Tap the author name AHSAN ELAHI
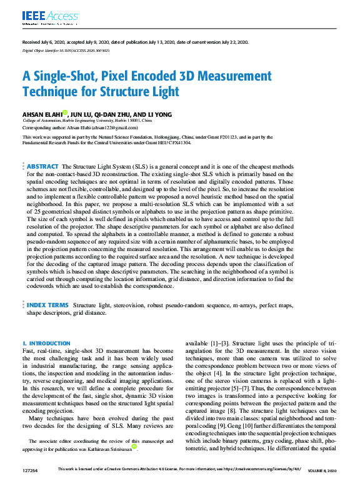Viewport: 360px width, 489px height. click(x=42, y=115)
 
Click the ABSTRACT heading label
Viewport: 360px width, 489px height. click(x=43, y=167)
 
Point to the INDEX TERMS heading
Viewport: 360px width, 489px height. click(x=47, y=305)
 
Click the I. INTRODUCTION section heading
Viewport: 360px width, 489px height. click(x=46, y=343)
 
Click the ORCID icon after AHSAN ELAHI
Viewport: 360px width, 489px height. click(x=64, y=113)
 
